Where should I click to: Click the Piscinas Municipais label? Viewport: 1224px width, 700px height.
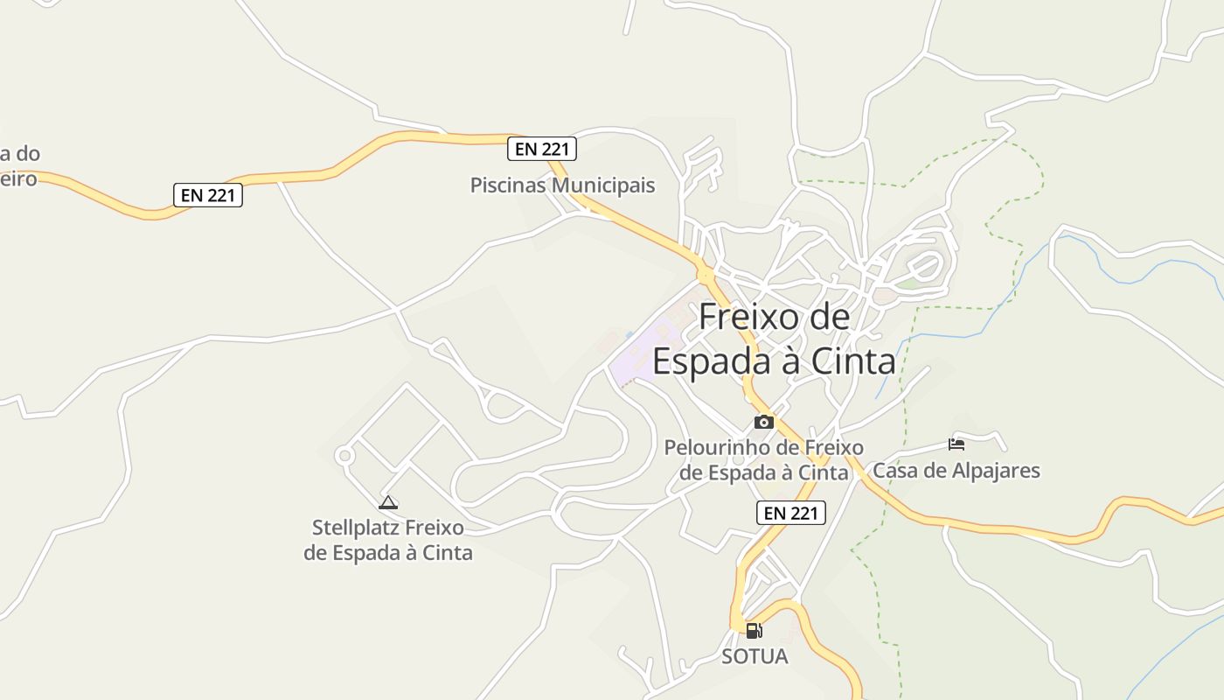pyautogui.click(x=562, y=185)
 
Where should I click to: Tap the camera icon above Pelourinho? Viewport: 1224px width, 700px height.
pyautogui.click(x=763, y=423)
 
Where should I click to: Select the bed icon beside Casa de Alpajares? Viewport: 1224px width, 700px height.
pyautogui.click(x=956, y=444)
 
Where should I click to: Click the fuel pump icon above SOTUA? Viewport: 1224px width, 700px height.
pyautogui.click(x=754, y=630)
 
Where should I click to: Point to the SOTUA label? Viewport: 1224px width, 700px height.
pyautogui.click(x=755, y=656)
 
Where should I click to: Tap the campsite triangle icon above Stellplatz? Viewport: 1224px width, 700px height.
pyautogui.click(x=388, y=502)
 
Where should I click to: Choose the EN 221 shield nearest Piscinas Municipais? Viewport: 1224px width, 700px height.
pyautogui.click(x=542, y=149)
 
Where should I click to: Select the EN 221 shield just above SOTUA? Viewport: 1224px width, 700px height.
pyautogui.click(x=790, y=513)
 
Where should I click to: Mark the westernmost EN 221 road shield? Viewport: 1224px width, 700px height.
pyautogui.click(x=207, y=195)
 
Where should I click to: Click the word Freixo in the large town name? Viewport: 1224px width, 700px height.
pyautogui.click(x=739, y=317)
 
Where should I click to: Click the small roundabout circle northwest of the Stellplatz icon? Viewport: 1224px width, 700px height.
pyautogui.click(x=344, y=455)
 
